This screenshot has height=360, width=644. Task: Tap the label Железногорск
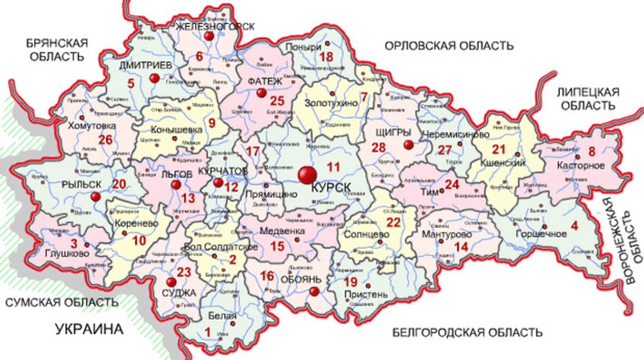coord(215,26)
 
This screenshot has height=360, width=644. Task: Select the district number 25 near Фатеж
coord(277,101)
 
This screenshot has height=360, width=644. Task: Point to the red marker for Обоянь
coord(314,291)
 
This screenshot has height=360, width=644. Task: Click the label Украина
coord(89,329)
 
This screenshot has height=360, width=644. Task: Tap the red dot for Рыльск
coord(96,196)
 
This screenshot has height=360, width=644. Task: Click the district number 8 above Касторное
coord(592,151)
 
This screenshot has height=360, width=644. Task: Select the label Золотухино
coord(331,103)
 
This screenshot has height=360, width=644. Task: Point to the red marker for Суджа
coord(171,282)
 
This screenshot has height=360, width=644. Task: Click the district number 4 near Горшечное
coord(574,226)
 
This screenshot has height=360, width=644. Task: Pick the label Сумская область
coord(62,302)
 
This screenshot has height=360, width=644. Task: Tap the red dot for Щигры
coord(408,145)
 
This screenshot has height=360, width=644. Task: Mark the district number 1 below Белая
coord(208,332)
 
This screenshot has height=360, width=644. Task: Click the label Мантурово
coord(447,234)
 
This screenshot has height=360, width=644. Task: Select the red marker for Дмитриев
coord(155,78)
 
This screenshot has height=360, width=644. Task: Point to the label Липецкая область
coord(588,99)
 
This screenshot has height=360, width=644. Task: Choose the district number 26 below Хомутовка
coord(105,139)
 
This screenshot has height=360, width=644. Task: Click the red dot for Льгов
coord(176,185)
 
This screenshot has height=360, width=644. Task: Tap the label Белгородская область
coord(467,333)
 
